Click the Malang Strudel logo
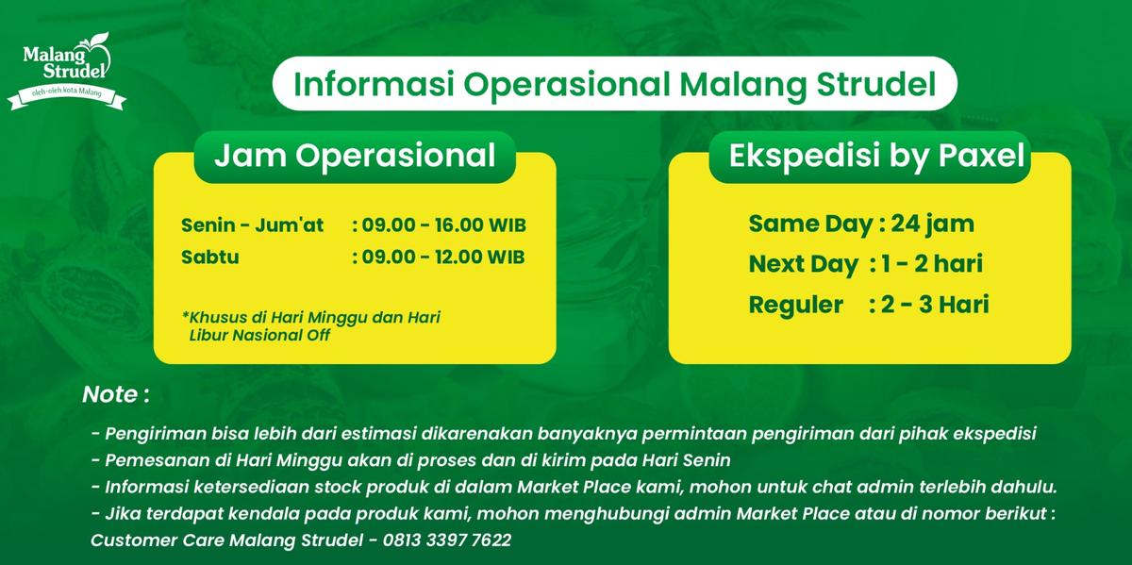click(66, 70)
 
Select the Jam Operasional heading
click(355, 155)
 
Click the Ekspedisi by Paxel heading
click(876, 156)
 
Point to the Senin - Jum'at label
click(252, 224)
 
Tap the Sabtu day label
click(209, 257)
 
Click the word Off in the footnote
click(318, 335)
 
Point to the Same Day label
click(810, 224)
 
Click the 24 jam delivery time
click(932, 224)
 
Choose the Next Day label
click(804, 264)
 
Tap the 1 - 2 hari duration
click(932, 264)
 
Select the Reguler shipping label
click(795, 305)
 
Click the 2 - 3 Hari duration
click(935, 305)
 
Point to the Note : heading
click(116, 394)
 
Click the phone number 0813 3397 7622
click(447, 540)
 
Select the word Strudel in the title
click(876, 84)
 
